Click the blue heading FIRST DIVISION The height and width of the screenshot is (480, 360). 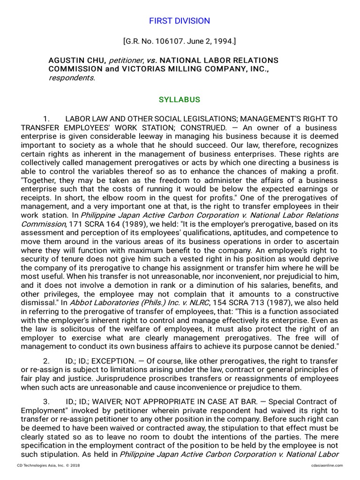tap(180, 21)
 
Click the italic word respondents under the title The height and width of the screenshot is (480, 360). tap(71, 78)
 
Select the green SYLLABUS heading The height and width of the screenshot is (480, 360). tap(180, 100)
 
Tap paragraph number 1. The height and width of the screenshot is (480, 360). tap(46, 119)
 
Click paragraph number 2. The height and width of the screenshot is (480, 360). tap(46, 361)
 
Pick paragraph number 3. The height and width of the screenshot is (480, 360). tap(46, 402)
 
